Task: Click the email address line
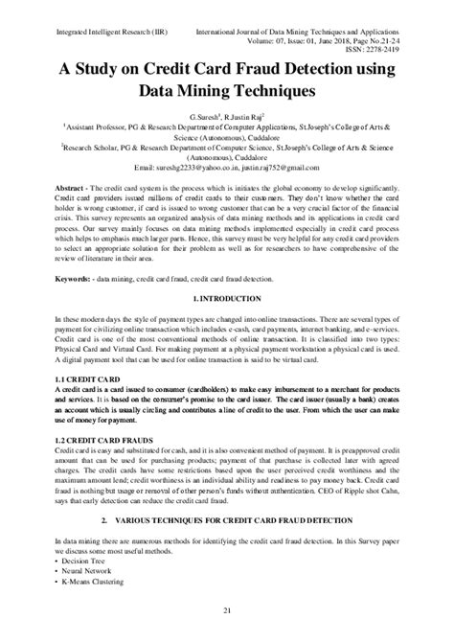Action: pyautogui.click(x=227, y=166)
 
